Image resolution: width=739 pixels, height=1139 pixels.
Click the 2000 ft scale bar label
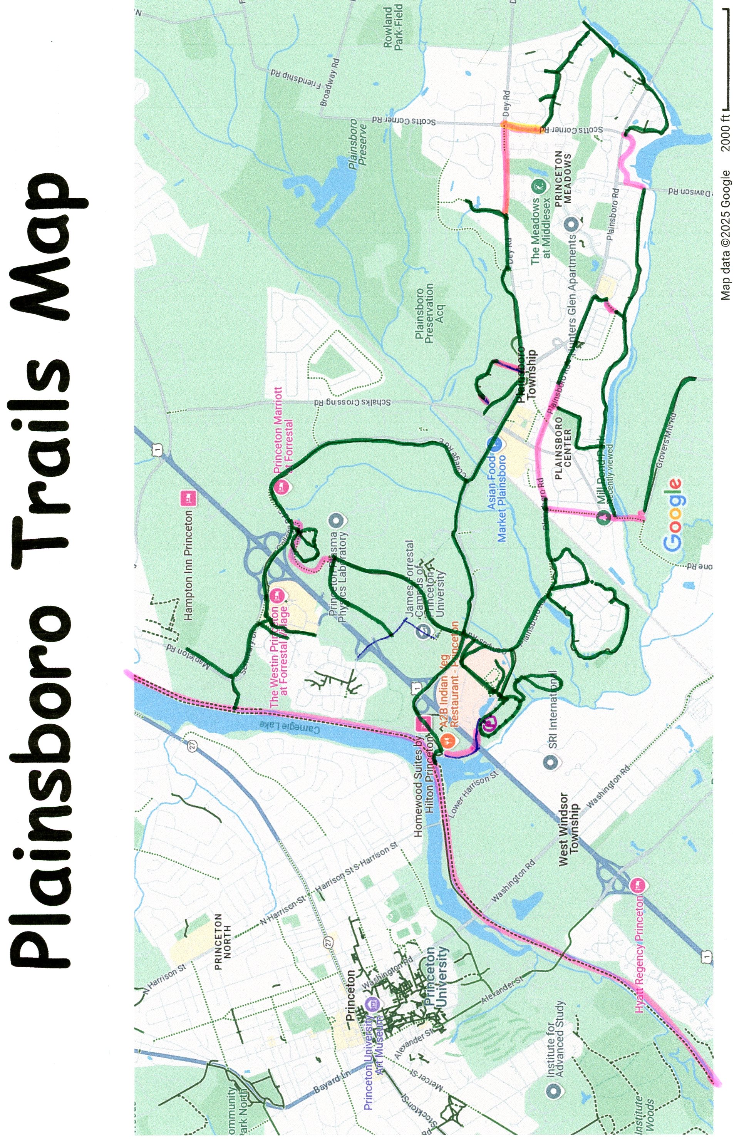726,129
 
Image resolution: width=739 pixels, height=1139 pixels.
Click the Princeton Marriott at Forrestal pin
282,487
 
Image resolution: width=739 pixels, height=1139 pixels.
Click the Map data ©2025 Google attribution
726,234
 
